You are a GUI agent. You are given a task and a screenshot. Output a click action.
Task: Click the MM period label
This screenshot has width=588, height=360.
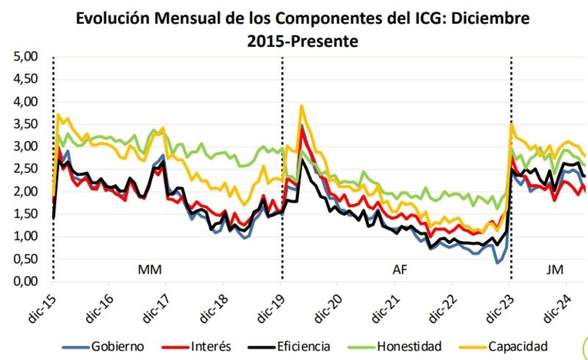(x=150, y=270)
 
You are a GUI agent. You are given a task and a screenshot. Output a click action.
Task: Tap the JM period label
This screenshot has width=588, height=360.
(x=555, y=270)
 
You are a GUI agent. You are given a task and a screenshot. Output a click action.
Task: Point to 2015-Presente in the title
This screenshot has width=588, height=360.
(x=302, y=42)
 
